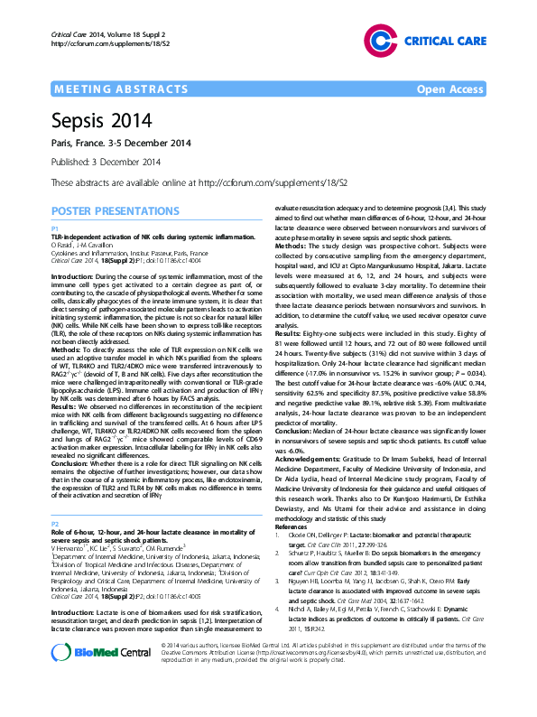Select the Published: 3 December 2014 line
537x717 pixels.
[106, 162]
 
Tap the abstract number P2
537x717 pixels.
[55, 524]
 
